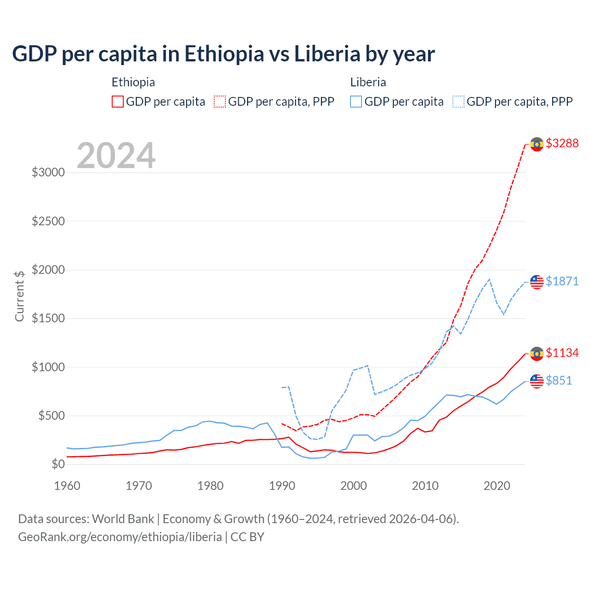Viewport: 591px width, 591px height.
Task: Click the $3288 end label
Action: pos(562,143)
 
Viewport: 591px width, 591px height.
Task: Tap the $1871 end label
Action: pos(562,281)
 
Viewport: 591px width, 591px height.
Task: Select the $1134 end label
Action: pos(562,353)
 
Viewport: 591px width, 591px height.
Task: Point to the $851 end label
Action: pos(559,380)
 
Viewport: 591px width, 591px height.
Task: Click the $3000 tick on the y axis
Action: pos(48,173)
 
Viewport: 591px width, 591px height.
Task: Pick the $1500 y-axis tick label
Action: pos(48,319)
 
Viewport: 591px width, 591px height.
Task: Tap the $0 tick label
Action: pos(58,464)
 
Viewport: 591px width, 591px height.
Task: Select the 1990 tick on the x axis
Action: pos(282,486)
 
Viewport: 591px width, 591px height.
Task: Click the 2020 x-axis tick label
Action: pos(497,486)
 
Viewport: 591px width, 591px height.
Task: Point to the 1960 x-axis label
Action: pos(67,486)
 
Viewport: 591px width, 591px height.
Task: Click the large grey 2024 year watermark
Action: pos(116,156)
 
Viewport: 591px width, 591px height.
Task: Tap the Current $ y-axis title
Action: pos(19,296)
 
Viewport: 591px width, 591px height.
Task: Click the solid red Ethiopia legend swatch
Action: pos(118,102)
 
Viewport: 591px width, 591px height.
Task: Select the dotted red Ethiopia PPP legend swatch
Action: pos(220,102)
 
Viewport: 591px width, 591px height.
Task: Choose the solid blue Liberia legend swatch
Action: pos(356,102)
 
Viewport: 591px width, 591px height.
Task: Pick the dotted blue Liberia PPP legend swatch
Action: pos(458,102)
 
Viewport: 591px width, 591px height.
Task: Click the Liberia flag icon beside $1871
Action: pos(537,281)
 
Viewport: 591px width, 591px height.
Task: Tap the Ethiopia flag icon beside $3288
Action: pos(537,144)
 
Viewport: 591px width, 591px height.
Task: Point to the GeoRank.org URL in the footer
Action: pos(120,537)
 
